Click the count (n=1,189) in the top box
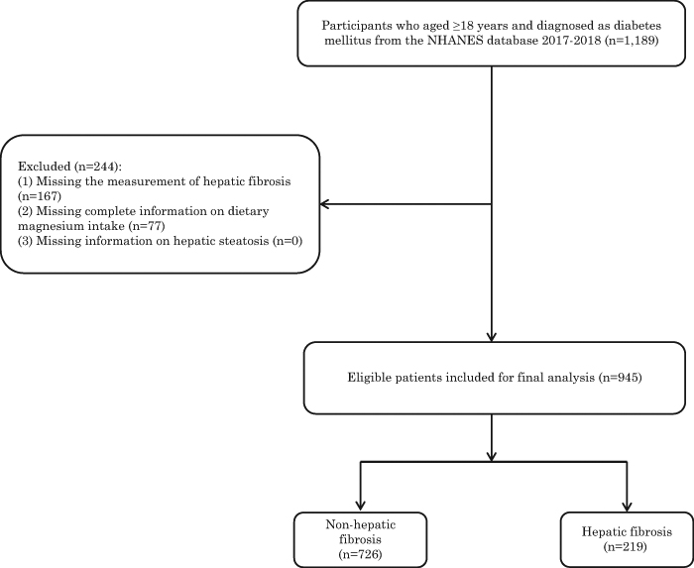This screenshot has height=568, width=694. point(632,42)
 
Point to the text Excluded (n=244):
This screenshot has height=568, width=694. point(69,167)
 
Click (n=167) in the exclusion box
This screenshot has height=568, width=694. point(40,196)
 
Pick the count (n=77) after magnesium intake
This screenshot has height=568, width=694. point(146,226)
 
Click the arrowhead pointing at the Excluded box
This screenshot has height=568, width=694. point(323,204)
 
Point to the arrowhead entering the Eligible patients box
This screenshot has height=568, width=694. point(492,337)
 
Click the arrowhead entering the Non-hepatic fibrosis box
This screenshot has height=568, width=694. point(361,506)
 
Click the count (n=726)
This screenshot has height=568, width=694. point(360,554)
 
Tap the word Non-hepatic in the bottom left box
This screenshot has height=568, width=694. point(361,524)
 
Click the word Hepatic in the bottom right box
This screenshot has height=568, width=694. point(601,531)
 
